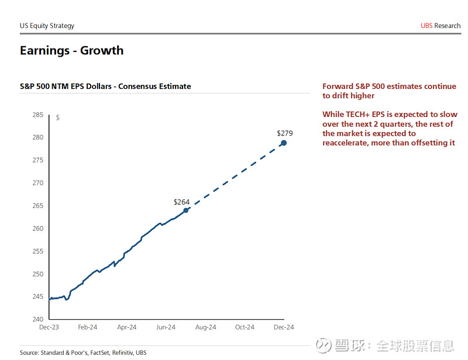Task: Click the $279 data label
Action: tap(284, 133)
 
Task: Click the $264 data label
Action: tap(182, 202)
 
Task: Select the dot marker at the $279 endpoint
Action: tap(284, 143)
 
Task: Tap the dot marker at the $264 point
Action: tap(186, 210)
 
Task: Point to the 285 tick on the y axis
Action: tap(37, 115)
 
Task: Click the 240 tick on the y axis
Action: tap(37, 319)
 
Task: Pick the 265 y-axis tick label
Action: tap(37, 206)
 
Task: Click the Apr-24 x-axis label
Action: tap(126, 328)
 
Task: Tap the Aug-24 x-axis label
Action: tap(205, 328)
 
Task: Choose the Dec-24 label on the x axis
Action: tap(284, 328)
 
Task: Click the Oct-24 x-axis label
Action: tap(245, 328)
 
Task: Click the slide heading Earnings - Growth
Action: tap(71, 50)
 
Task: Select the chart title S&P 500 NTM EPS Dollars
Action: tap(105, 86)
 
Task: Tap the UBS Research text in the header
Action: tap(441, 26)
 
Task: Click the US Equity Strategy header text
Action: tap(47, 26)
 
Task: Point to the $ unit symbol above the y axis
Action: tap(57, 117)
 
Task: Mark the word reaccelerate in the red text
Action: tap(345, 143)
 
